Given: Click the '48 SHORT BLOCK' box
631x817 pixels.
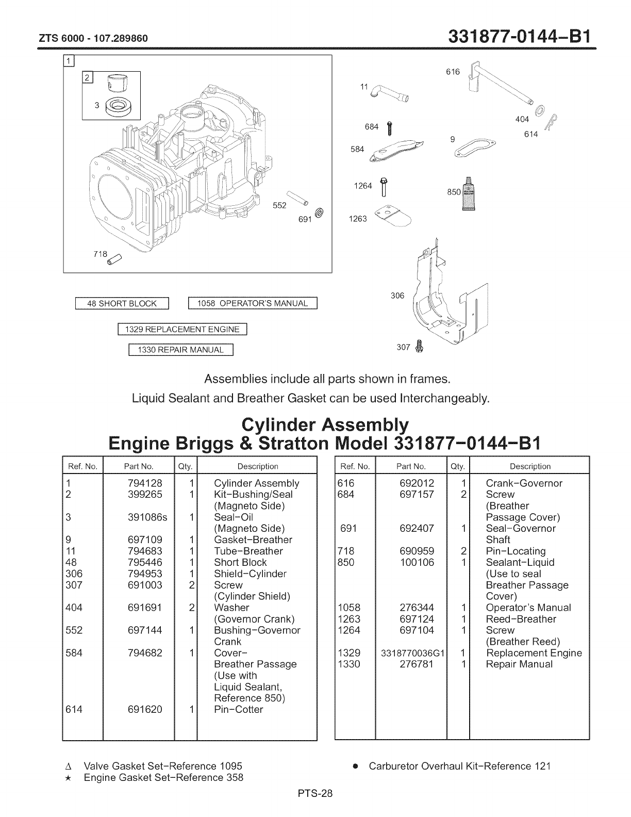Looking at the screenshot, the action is [122, 303].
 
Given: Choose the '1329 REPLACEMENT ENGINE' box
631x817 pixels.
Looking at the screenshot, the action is [183, 329].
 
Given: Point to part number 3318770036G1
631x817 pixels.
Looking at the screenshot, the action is [412, 653].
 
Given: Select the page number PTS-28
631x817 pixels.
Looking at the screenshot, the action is [315, 794].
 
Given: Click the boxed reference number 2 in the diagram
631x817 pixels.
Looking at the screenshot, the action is [87, 78].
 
